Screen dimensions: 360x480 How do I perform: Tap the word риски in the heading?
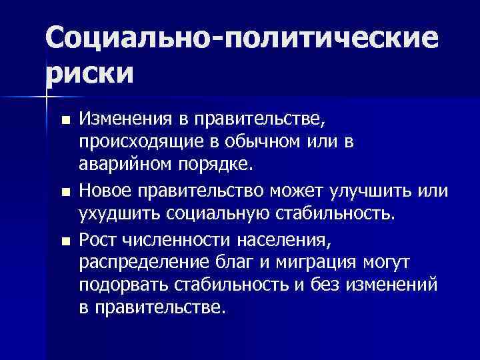(89, 72)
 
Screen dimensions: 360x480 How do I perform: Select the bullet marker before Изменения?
(64, 121)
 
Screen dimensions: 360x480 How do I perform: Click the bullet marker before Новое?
(64, 193)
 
